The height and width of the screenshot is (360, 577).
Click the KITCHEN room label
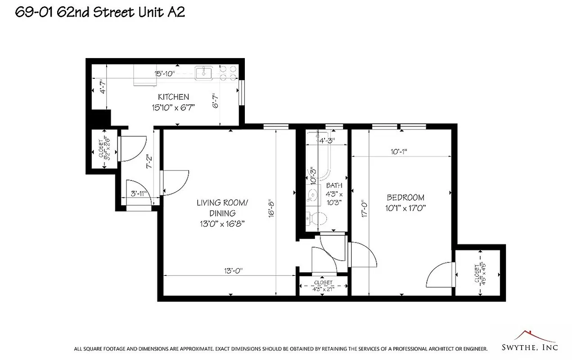coord(173,97)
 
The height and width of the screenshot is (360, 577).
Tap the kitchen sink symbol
coord(204,72)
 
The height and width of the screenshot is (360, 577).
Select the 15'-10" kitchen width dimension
coord(164,74)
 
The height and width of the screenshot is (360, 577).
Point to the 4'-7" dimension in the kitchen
coord(103,86)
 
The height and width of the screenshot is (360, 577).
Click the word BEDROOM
coord(406,198)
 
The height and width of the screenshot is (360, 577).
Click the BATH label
coord(334,185)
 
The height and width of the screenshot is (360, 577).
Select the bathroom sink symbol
coord(311,194)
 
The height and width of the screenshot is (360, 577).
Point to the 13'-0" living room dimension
coord(234,270)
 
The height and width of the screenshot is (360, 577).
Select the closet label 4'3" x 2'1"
coord(323,285)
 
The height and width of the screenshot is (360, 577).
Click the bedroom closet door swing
coord(440,274)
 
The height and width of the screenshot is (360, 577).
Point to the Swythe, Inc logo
coord(530,342)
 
